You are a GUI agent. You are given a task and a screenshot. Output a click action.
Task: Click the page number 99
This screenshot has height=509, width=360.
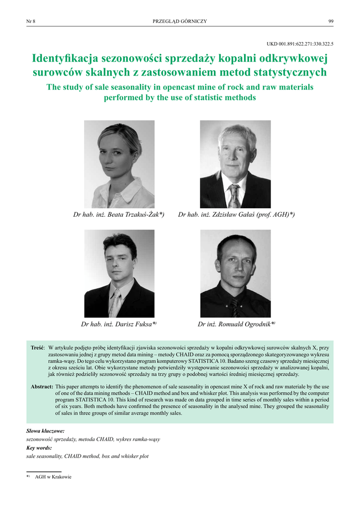[331, 21]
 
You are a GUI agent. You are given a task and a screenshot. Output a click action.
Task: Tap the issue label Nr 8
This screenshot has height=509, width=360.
[30, 21]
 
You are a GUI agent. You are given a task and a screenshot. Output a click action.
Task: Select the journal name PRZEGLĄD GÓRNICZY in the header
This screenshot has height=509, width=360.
[180, 21]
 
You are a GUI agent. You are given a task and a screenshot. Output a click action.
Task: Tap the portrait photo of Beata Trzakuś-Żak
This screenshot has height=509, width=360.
[119, 164]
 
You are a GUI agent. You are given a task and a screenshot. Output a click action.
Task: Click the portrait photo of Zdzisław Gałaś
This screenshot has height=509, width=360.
[235, 164]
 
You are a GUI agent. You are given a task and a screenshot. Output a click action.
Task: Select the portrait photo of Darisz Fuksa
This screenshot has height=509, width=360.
[119, 273]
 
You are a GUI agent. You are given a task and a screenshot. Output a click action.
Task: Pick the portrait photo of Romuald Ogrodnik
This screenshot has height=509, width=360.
[235, 273]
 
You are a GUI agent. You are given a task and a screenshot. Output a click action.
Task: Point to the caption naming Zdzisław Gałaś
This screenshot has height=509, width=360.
[236, 215]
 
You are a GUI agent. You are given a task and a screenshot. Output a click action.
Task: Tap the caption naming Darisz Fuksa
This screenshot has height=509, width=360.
[119, 324]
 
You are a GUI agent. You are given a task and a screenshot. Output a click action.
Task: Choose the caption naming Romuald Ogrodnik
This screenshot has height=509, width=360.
[236, 324]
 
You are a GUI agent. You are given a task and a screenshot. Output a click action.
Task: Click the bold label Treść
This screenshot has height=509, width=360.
[38, 346]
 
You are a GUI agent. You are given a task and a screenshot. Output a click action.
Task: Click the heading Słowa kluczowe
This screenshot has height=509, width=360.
[45, 431]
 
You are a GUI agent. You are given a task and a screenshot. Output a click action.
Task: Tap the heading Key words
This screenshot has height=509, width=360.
[39, 448]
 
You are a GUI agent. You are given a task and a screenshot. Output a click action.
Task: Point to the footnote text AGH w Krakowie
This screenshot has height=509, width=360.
[53, 477]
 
